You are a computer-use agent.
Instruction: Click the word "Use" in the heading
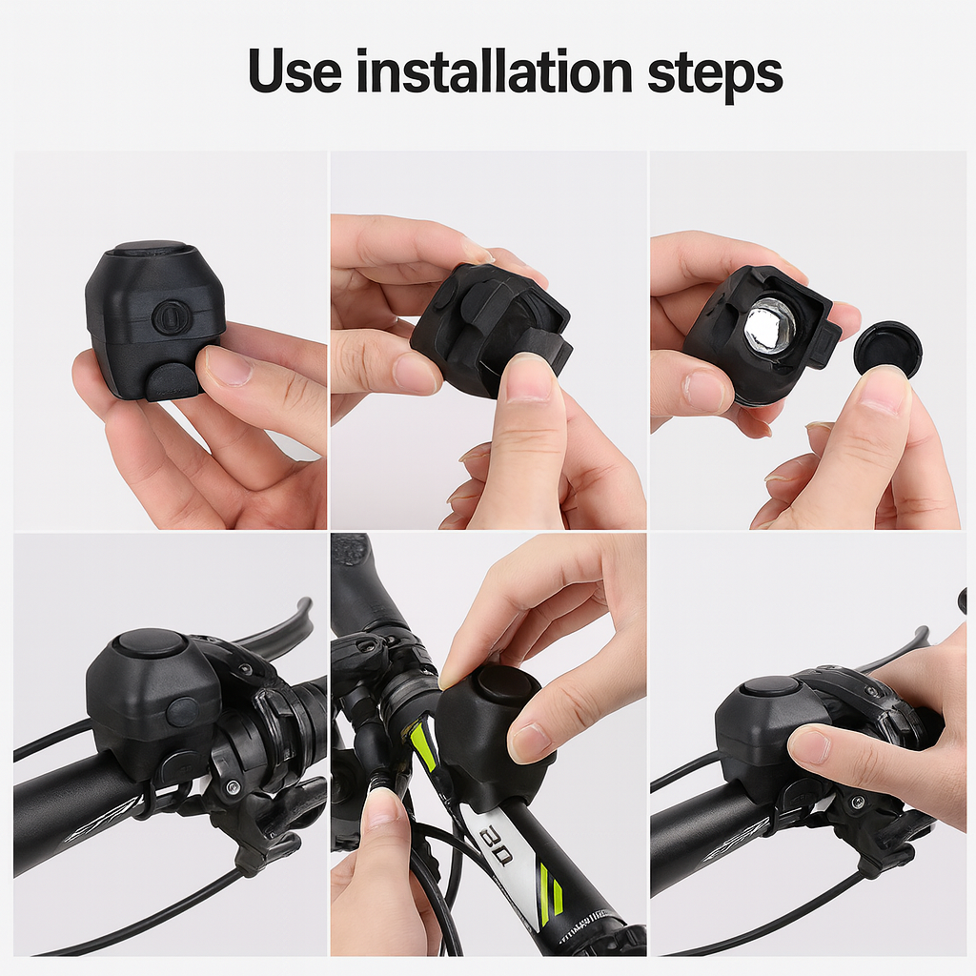pyautogui.click(x=294, y=71)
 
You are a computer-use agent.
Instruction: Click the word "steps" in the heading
pyautogui.click(x=715, y=73)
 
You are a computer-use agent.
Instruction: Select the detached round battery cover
pyautogui.click(x=887, y=349)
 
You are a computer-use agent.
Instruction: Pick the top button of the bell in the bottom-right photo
pyautogui.click(x=769, y=686)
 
